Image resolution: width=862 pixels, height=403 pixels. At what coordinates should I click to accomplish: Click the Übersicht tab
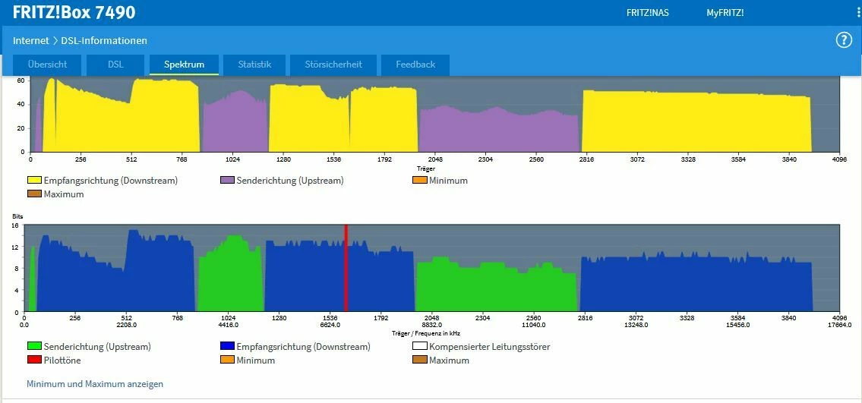click(x=48, y=65)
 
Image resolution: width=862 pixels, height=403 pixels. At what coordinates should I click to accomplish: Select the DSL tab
click(x=115, y=65)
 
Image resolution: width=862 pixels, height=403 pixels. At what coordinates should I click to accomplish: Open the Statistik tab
click(x=254, y=65)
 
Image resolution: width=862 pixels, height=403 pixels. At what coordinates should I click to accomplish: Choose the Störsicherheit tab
click(x=333, y=65)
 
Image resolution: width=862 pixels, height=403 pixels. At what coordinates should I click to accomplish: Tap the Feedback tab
click(x=415, y=65)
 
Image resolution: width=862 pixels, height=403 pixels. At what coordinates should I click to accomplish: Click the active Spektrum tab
click(x=184, y=65)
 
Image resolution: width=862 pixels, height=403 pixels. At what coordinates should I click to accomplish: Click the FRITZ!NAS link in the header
click(x=647, y=13)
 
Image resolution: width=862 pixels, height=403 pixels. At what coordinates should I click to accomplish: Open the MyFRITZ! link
click(x=725, y=13)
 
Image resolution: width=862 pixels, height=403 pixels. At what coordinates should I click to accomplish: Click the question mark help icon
click(x=844, y=40)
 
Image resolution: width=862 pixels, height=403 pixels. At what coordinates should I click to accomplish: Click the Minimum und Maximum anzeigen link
click(x=95, y=384)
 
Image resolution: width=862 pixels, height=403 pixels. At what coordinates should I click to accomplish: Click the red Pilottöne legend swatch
click(x=34, y=360)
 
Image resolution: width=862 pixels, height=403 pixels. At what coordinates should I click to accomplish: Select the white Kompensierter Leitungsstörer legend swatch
click(x=419, y=347)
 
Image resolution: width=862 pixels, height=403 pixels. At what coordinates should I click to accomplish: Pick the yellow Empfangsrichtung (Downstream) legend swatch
click(x=34, y=181)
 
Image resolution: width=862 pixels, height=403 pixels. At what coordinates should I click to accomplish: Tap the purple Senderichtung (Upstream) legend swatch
click(x=227, y=181)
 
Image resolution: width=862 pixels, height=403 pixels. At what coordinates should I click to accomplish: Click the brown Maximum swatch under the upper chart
click(x=34, y=194)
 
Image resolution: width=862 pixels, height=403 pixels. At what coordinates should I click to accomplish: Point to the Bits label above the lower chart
click(x=17, y=218)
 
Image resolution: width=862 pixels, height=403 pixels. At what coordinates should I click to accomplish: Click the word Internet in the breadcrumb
click(x=30, y=40)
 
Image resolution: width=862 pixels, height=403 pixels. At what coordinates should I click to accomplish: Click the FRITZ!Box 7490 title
click(x=74, y=12)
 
